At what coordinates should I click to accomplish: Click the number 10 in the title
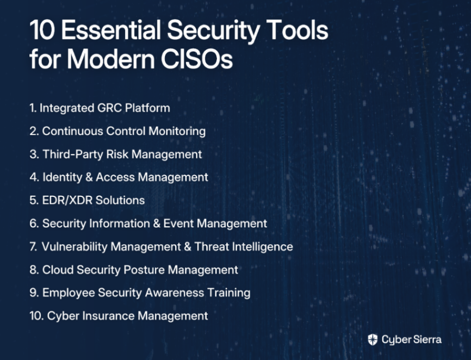(x=42, y=30)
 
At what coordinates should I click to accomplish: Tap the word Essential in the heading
(x=111, y=30)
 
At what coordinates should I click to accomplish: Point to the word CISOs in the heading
(x=197, y=59)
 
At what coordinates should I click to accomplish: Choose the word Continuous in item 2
(x=72, y=131)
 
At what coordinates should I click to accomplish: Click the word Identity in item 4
(x=63, y=177)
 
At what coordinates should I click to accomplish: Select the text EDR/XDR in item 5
(x=67, y=200)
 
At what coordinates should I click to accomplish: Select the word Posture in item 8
(x=144, y=270)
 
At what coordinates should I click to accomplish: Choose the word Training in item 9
(x=229, y=293)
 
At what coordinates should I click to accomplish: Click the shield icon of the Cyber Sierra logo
(x=373, y=339)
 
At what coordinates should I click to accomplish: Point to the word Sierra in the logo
(x=427, y=339)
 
